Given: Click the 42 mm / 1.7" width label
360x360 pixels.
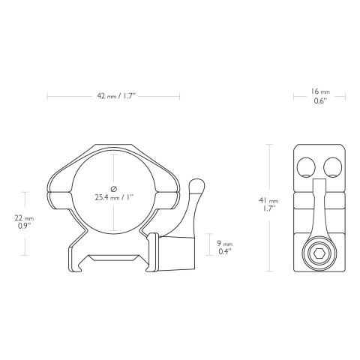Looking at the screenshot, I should [114, 96].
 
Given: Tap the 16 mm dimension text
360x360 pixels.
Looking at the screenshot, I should [318, 91].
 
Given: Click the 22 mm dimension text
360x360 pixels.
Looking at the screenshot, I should [26, 217].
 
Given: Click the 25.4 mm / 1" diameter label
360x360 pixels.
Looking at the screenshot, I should [114, 198].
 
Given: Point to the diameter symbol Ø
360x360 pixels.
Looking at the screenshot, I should [112, 187].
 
